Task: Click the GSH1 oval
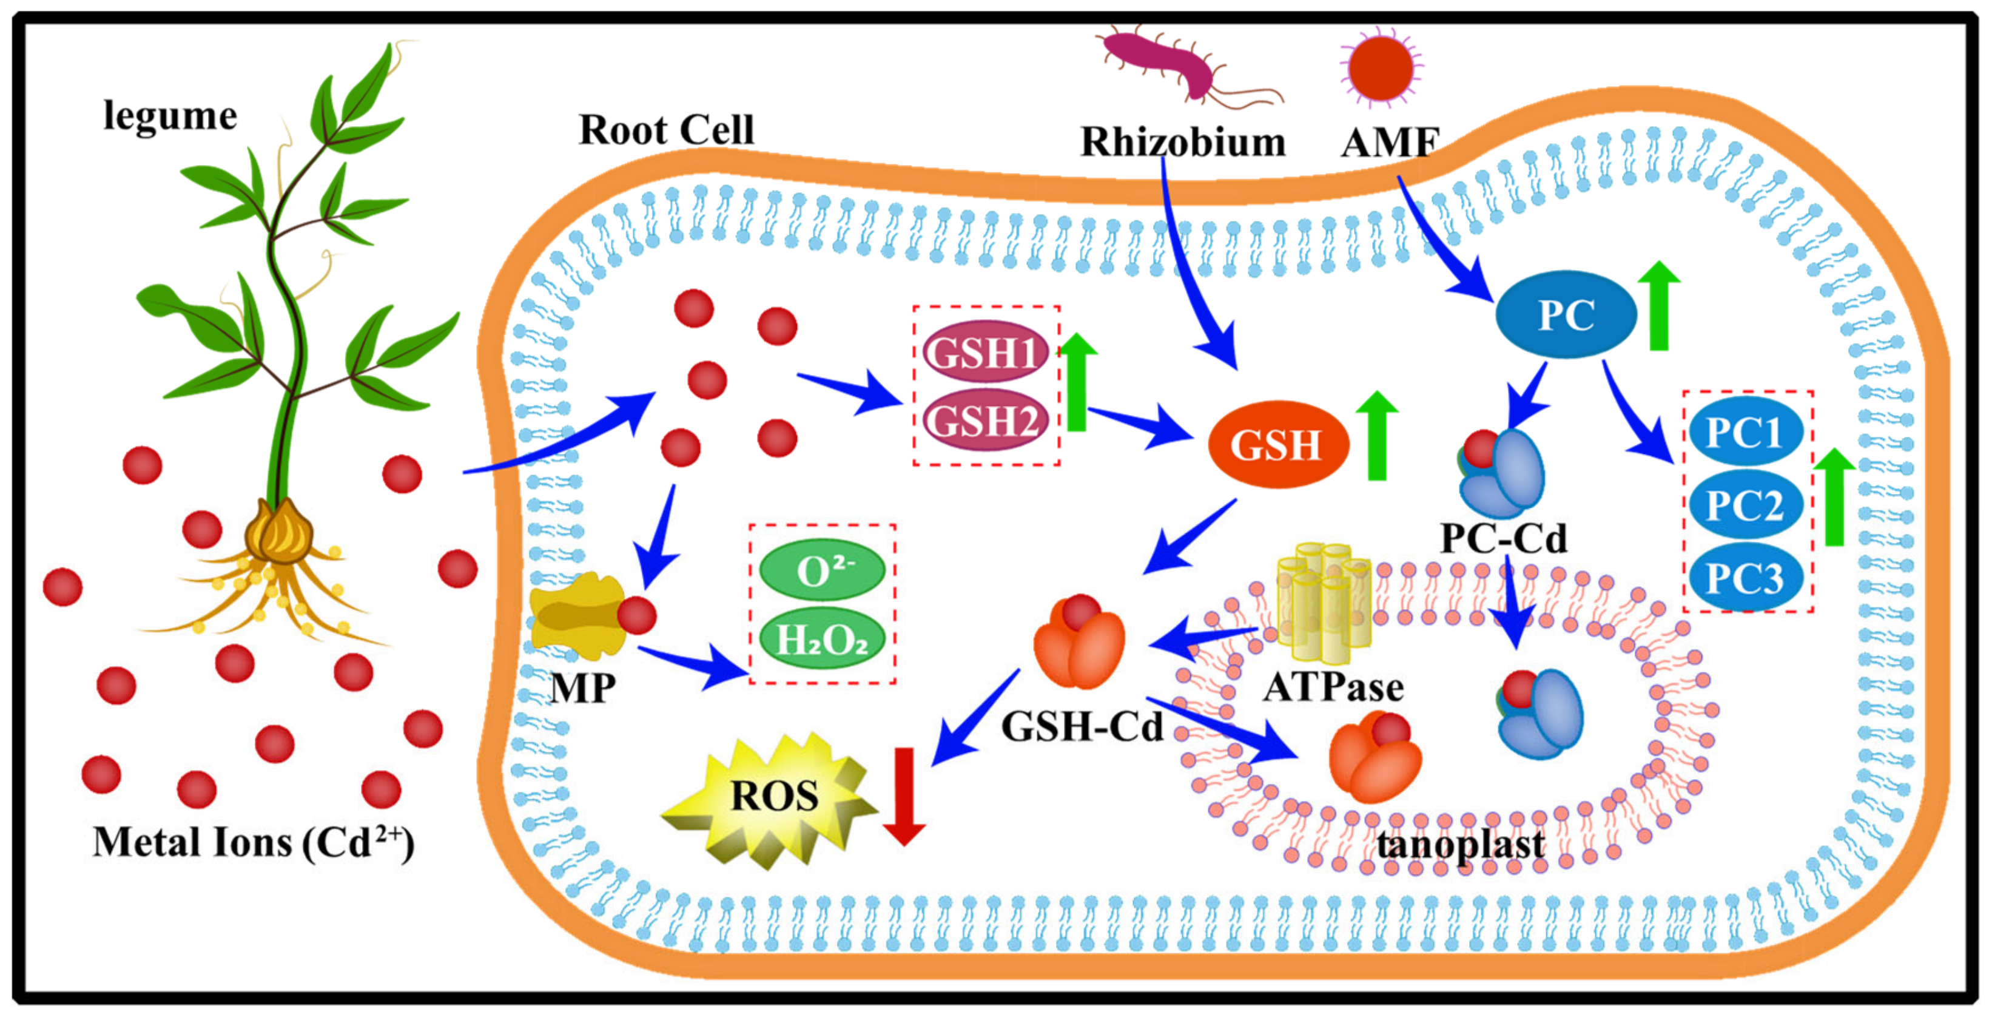(984, 352)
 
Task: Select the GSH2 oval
(984, 421)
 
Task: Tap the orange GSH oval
(1277, 444)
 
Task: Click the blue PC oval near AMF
(1566, 314)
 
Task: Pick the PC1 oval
(1745, 431)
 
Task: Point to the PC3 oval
(1745, 577)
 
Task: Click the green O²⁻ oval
(822, 571)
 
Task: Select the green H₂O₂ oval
(822, 639)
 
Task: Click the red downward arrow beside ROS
(904, 797)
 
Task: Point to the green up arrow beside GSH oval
(1376, 436)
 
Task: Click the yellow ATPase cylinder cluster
(1323, 603)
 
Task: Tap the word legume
(170, 116)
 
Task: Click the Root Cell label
(667, 129)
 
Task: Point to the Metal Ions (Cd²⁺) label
(254, 843)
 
